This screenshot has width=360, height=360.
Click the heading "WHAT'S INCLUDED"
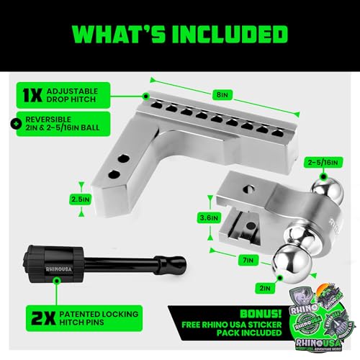point(180,35)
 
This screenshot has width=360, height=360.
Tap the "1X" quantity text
point(31,94)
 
